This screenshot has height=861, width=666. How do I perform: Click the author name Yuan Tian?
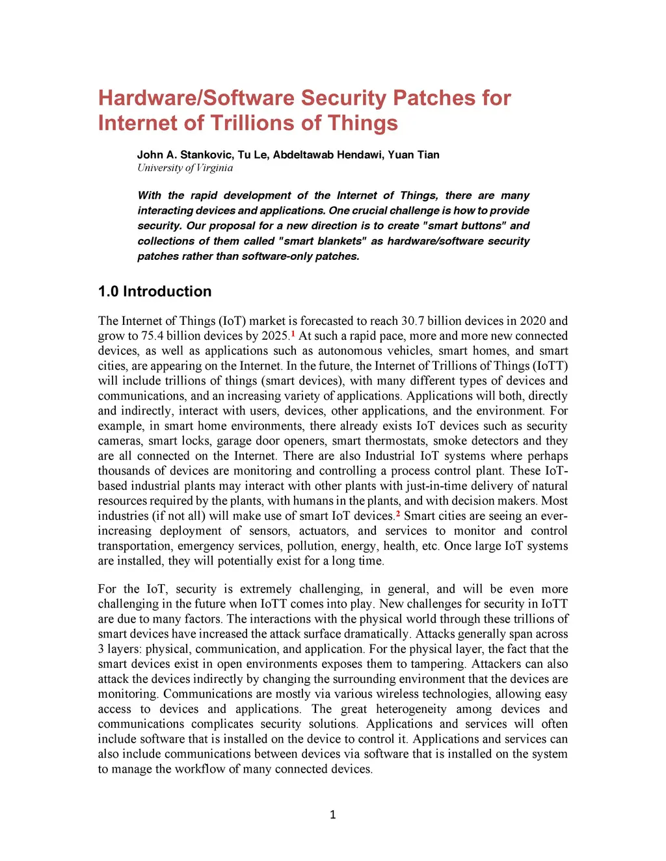[x=414, y=155]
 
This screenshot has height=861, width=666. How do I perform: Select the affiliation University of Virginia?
[x=185, y=168]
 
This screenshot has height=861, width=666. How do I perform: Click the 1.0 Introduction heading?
[x=155, y=291]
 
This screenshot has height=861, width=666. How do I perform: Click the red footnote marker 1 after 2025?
[x=293, y=334]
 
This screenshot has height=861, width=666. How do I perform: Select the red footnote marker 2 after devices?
[x=398, y=514]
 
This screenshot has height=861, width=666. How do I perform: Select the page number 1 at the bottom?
[x=333, y=815]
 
